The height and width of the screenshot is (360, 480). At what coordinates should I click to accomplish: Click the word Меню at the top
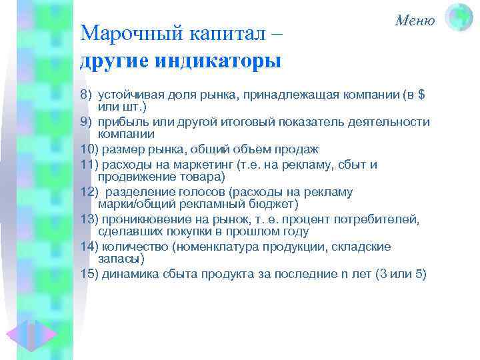(415, 20)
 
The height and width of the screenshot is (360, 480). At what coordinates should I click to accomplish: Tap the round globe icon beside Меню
(459, 17)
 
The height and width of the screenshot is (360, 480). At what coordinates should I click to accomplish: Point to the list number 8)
(86, 96)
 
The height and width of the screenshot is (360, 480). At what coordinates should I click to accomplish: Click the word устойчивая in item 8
(126, 96)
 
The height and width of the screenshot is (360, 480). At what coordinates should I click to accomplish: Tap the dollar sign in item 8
(421, 96)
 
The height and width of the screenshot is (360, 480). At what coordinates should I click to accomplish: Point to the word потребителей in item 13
(380, 219)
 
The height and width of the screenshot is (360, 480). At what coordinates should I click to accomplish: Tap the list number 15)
(89, 273)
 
